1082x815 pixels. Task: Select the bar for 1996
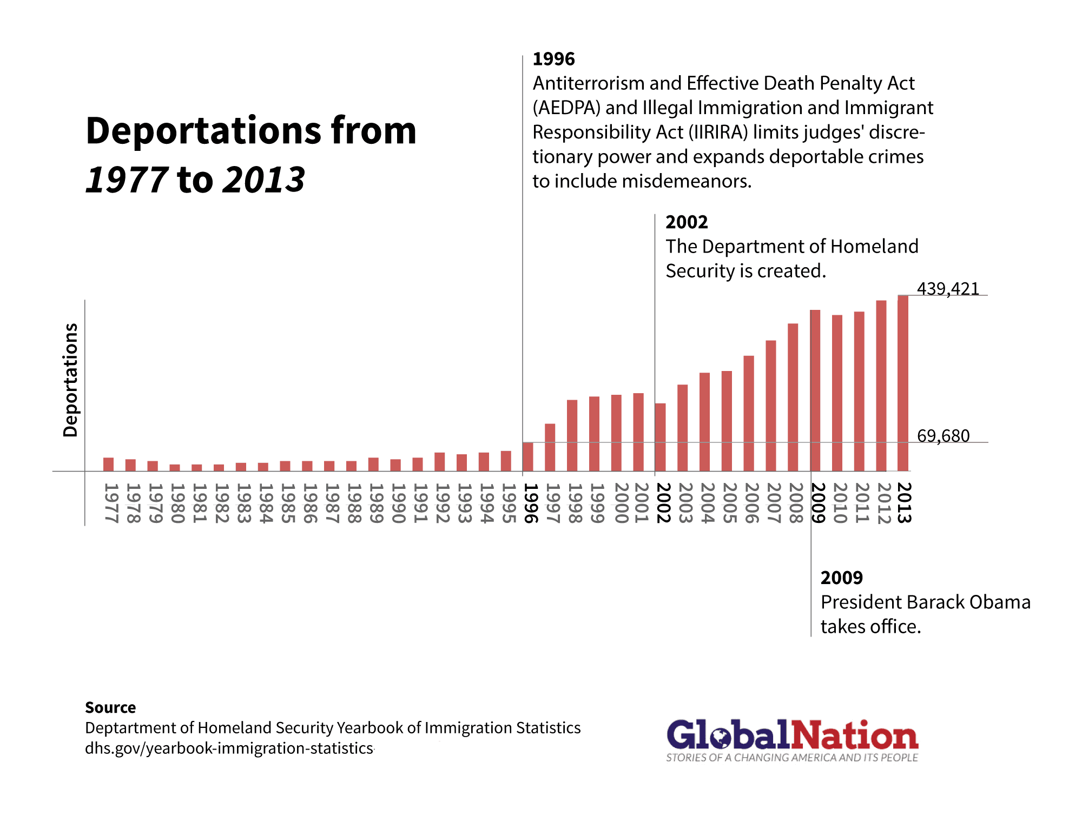point(528,457)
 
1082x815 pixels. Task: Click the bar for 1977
point(109,465)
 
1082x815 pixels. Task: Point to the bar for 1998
point(572,435)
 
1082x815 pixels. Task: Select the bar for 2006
point(749,413)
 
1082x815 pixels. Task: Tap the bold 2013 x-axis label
point(903,503)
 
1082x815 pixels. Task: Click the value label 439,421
point(948,289)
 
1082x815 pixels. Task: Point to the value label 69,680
point(943,436)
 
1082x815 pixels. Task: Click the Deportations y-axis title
point(71,380)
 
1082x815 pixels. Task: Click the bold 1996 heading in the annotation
point(553,59)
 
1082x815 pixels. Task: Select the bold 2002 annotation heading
point(687,222)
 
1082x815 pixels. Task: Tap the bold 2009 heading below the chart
point(841,578)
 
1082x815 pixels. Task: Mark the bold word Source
point(110,707)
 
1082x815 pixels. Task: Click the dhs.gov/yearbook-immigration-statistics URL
point(229,748)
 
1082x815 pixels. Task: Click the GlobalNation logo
point(792,740)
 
